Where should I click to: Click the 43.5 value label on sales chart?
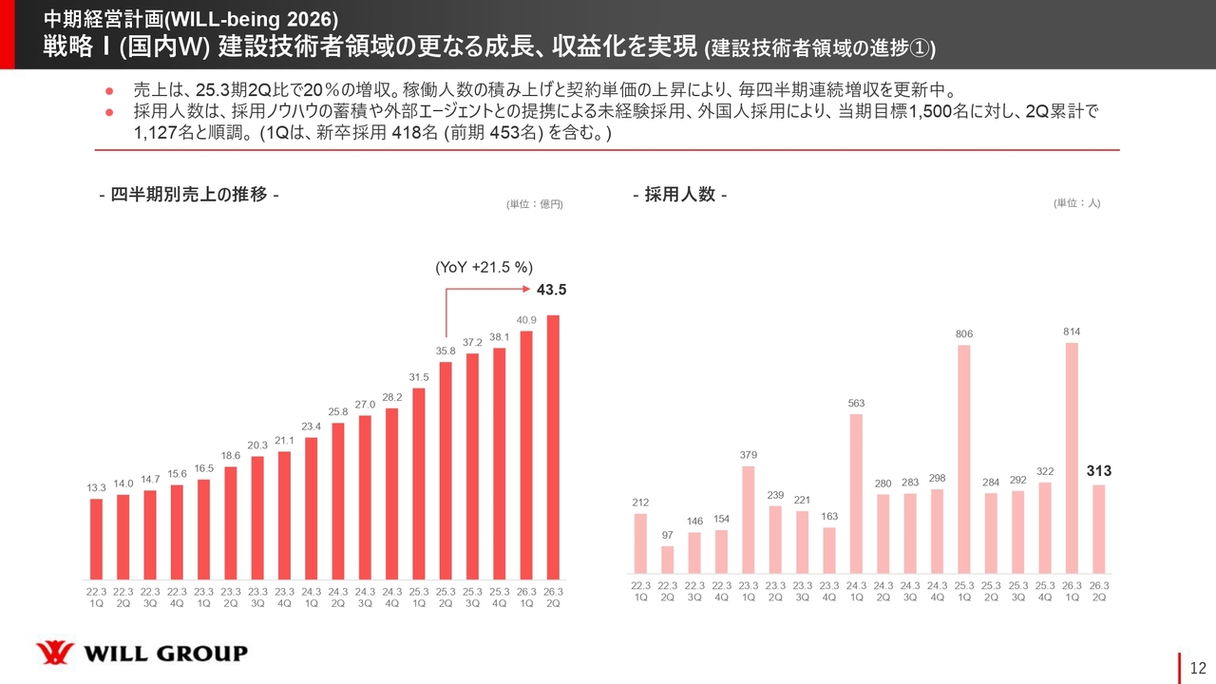point(553,288)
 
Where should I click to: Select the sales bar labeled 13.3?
point(96,539)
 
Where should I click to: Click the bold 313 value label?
point(1099,471)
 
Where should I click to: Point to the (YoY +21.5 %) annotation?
point(483,268)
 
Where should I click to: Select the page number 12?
point(1197,667)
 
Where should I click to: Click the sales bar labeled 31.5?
point(419,484)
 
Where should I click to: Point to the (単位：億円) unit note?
point(534,203)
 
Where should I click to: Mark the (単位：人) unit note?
point(1075,202)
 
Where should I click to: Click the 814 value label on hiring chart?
point(1072,332)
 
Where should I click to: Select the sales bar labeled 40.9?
point(526,455)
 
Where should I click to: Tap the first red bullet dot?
point(109,91)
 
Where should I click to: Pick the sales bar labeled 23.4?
point(312,508)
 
